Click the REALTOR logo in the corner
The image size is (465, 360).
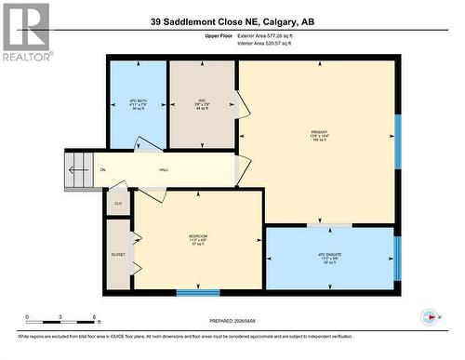coord(27,32)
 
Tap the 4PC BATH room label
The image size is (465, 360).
coord(138,100)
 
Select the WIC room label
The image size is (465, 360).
coord(201,101)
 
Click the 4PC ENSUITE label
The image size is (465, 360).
coord(331,258)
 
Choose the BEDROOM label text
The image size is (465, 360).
coord(197,239)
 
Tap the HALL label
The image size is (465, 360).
coord(164,169)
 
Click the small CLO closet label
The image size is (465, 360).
coord(118,202)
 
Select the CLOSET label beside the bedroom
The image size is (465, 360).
coord(117,253)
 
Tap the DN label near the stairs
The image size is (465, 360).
coord(102,169)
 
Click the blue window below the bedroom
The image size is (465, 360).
coord(197,293)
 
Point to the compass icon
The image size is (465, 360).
coord(429,315)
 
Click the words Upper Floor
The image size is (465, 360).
coord(217,35)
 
